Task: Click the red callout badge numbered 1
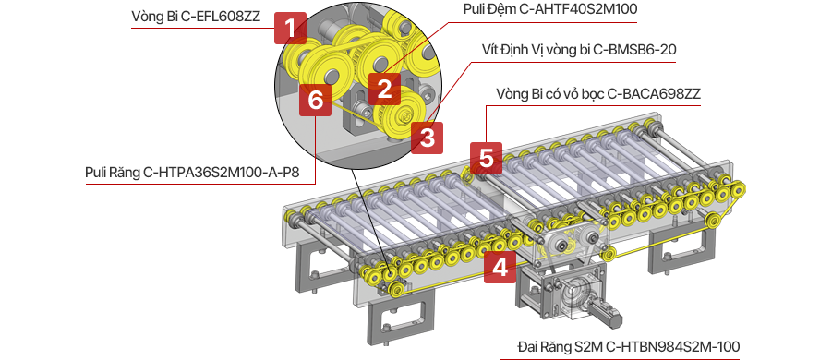coord(291,29)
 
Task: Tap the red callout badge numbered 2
coord(384,89)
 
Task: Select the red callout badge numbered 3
coord(427,138)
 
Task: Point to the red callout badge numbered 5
coord(487,158)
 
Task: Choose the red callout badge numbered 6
coord(315,100)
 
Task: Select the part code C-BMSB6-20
coord(635,50)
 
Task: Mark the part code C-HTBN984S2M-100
coord(681,347)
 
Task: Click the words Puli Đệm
coord(484,9)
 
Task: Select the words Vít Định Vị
coord(510,50)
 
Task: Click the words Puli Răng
coord(112,173)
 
